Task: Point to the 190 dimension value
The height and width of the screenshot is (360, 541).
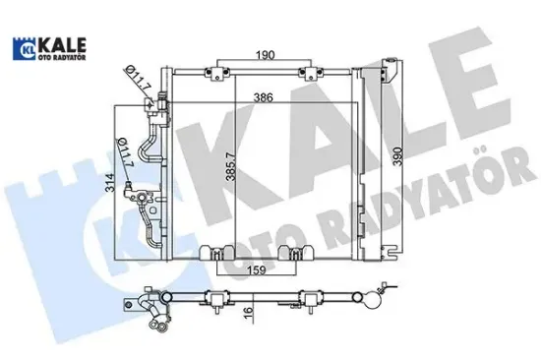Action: tap(260, 54)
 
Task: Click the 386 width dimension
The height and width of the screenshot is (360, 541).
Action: tap(260, 99)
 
